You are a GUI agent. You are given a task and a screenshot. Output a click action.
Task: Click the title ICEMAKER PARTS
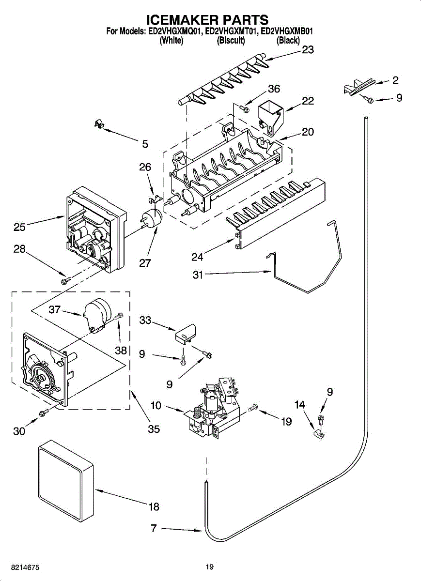pos(208,20)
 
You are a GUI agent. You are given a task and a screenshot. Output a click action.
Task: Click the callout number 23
pos(308,49)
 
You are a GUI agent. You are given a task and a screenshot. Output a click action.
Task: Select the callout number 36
pos(274,89)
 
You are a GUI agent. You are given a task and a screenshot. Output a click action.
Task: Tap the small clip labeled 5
pos(99,124)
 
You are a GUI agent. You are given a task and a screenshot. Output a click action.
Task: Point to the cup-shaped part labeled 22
pos(271,118)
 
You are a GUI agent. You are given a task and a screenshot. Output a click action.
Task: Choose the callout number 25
pos(19,227)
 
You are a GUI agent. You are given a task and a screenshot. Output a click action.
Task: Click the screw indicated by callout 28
pos(66,280)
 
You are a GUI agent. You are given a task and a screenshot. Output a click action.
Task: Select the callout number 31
pos(198,275)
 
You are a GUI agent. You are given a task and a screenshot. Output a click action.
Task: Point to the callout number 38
pos(121,351)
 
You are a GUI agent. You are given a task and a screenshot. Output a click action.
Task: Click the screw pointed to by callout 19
pos(253,408)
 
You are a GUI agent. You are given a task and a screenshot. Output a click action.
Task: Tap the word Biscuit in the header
pos(231,40)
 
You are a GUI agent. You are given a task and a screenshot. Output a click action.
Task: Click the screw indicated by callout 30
pos(44,412)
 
